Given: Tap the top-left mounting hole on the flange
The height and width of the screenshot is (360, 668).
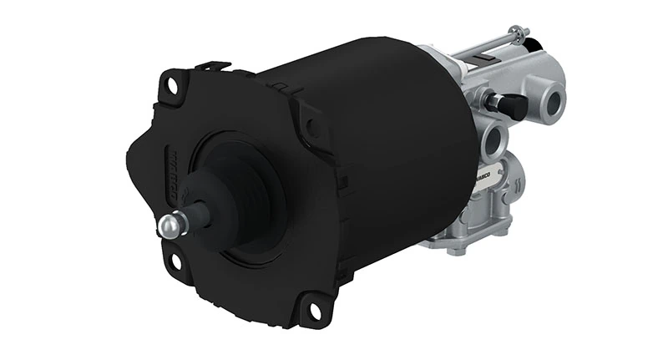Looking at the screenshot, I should click(x=172, y=84).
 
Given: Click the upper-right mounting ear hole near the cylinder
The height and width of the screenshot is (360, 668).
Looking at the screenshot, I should click(x=311, y=125).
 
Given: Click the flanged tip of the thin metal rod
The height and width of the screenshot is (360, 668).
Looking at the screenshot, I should click(x=523, y=33).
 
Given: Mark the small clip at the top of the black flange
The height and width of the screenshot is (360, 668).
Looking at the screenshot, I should click(x=214, y=65).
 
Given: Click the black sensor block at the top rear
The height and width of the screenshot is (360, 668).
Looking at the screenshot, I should click(x=531, y=51).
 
